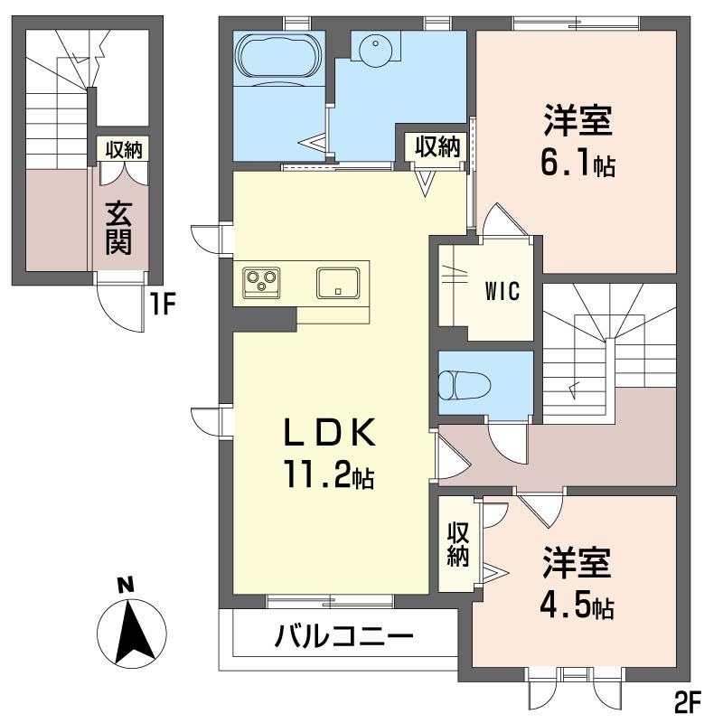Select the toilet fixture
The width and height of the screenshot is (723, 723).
464,385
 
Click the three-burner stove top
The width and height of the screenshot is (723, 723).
261,281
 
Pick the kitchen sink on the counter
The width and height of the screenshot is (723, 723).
338,283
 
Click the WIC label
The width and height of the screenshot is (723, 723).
502,290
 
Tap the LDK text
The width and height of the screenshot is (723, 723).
329,433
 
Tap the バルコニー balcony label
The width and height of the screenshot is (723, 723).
344,638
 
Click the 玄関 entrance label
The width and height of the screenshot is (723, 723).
119,228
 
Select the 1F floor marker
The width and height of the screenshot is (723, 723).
163,305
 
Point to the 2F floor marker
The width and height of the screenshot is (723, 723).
688,704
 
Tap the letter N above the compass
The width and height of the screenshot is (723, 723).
126,585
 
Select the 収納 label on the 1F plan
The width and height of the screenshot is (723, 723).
124,150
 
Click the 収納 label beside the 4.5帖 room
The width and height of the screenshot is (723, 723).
457,544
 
